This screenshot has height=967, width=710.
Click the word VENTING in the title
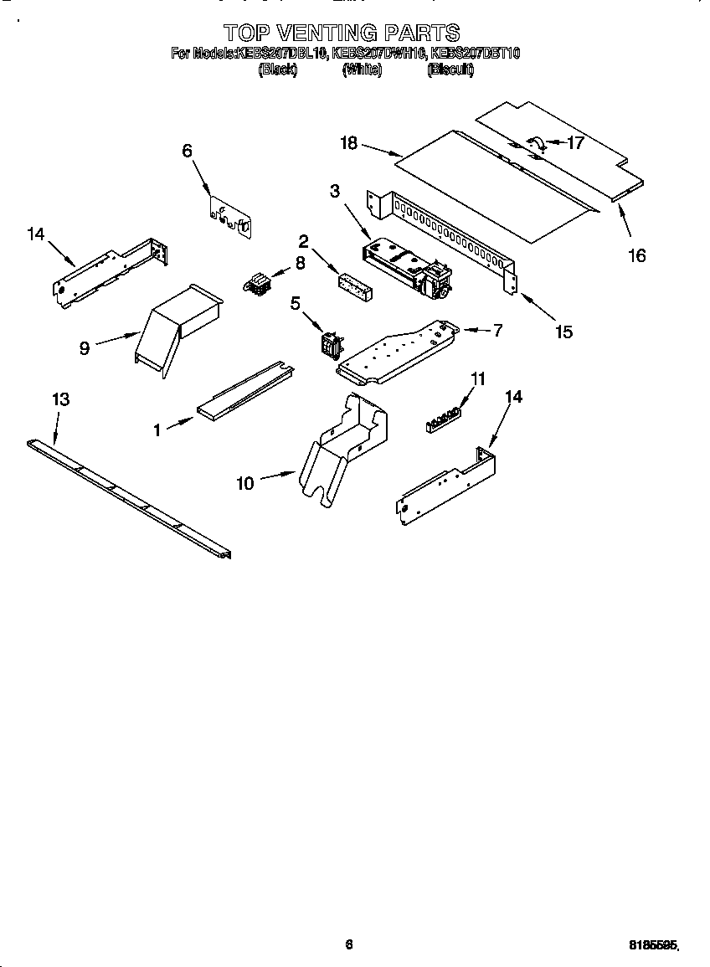pyautogui.click(x=327, y=33)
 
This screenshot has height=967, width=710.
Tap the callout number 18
pyautogui.click(x=348, y=143)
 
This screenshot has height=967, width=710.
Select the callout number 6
pyautogui.click(x=187, y=151)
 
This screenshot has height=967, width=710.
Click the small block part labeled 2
pyautogui.click(x=356, y=282)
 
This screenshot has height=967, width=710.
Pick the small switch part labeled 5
pyautogui.click(x=331, y=343)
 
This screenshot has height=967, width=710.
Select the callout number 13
pyautogui.click(x=60, y=399)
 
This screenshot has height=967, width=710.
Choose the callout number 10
pyautogui.click(x=244, y=483)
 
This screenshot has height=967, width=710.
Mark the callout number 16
pyautogui.click(x=637, y=255)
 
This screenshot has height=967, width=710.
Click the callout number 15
pyautogui.click(x=563, y=332)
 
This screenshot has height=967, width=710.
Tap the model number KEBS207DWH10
pyautogui.click(x=378, y=54)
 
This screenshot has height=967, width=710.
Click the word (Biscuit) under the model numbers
pyautogui.click(x=450, y=71)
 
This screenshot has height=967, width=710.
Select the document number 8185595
pyautogui.click(x=653, y=944)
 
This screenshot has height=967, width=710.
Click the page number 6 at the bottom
pyautogui.click(x=349, y=944)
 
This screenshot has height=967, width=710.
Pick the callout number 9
pyautogui.click(x=84, y=348)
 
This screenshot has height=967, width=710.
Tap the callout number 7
pyautogui.click(x=497, y=330)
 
